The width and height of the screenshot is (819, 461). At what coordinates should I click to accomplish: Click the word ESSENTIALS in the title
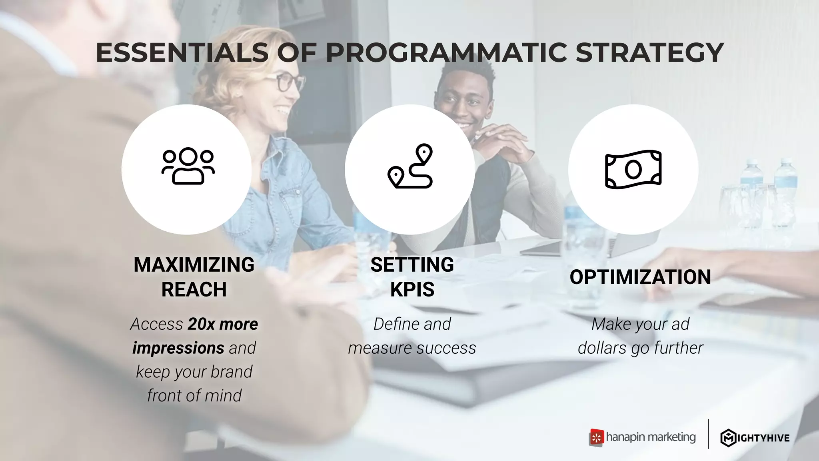182,53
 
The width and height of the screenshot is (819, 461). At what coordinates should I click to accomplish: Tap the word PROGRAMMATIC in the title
446,53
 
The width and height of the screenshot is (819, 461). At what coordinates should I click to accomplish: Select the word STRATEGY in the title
649,53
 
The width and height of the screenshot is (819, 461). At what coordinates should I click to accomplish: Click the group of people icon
188,166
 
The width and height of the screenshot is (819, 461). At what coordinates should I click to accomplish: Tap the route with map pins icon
411,166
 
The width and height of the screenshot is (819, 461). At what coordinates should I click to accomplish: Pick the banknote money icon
633,169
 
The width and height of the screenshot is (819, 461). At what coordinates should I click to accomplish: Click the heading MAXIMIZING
194,265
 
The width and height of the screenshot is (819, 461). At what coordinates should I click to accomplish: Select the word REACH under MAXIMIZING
194,289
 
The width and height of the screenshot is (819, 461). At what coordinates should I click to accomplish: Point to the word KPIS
412,289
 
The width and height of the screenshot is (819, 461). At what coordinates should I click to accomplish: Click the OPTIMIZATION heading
640,277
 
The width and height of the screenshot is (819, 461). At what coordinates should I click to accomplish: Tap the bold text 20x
201,324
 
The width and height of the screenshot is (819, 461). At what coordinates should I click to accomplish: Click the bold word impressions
178,348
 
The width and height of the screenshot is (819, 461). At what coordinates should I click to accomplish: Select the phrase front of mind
194,396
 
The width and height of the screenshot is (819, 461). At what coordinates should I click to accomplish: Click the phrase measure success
412,348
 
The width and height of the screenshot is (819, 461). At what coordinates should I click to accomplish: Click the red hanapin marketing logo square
596,438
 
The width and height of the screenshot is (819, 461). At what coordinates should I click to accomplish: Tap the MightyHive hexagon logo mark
728,438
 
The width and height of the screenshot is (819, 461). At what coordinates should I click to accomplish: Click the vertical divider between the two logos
708,434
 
